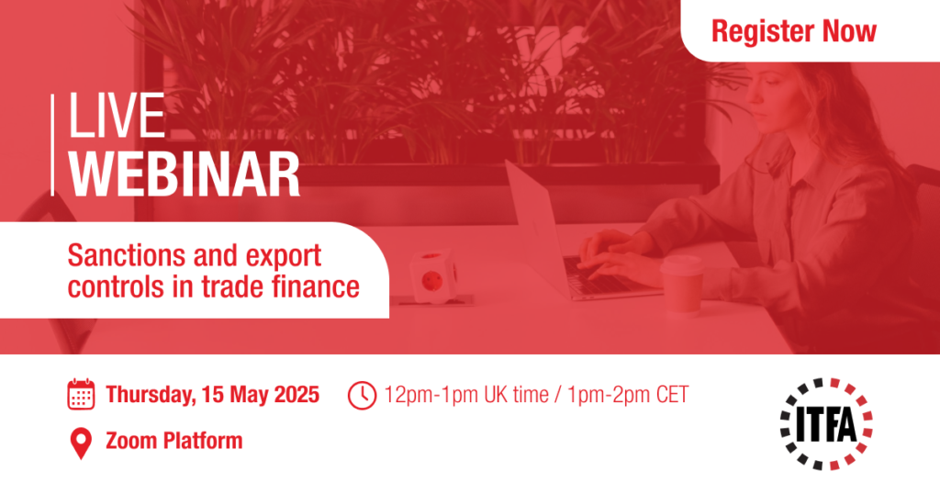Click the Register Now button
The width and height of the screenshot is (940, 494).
[x=794, y=31]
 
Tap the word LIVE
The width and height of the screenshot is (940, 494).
[x=117, y=116]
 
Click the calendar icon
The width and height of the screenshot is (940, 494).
[x=81, y=395]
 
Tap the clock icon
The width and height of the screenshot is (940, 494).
[x=362, y=396]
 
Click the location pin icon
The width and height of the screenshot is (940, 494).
[x=81, y=443]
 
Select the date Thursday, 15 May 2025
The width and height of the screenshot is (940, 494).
[x=213, y=395]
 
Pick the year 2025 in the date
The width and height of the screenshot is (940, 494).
[x=297, y=395]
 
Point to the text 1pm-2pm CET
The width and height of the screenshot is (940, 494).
[x=628, y=395]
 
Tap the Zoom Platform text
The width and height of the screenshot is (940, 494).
[x=174, y=441]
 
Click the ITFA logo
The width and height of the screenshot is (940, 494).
[x=826, y=424]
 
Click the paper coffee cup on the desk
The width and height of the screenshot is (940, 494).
[x=682, y=285]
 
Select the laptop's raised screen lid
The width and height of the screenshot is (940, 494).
[x=536, y=228]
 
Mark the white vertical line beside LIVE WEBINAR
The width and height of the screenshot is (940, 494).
[x=52, y=145]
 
